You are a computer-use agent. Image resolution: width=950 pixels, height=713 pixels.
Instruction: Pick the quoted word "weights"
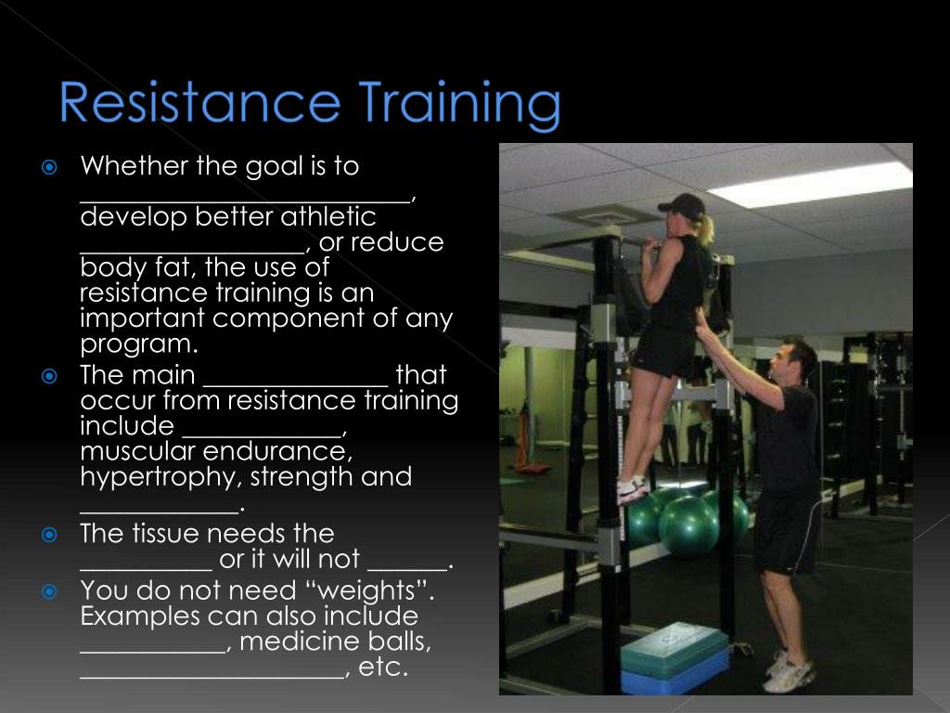(379, 590)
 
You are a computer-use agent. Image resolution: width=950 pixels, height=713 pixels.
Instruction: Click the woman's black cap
(682, 205)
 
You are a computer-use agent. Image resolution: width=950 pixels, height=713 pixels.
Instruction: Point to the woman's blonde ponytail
(708, 227)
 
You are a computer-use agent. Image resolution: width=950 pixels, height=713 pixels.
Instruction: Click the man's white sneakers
(788, 672)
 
